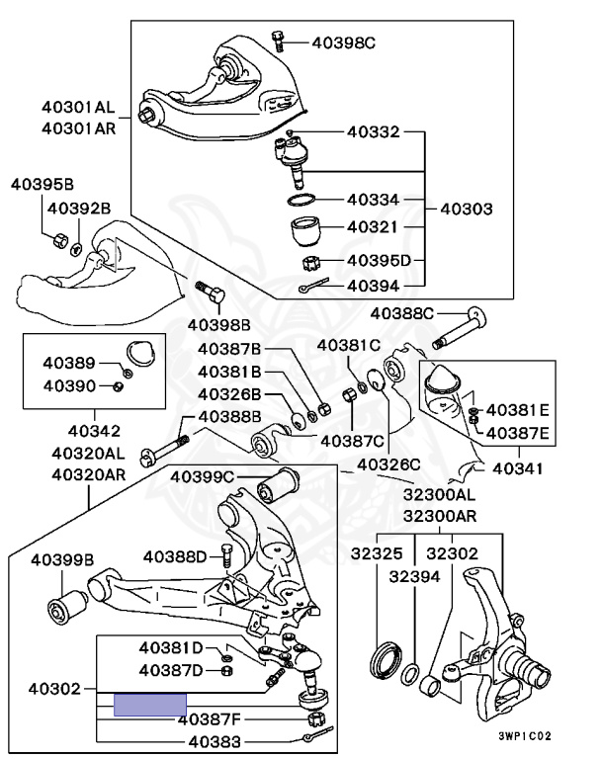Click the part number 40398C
coord(343,42)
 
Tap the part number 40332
coord(373,130)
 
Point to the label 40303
coord(466,210)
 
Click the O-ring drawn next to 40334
coord(302,201)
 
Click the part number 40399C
coord(202,477)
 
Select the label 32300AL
coord(438,494)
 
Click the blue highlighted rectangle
coord(150,705)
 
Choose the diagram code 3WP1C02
coord(523,736)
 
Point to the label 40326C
coord(388,462)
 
